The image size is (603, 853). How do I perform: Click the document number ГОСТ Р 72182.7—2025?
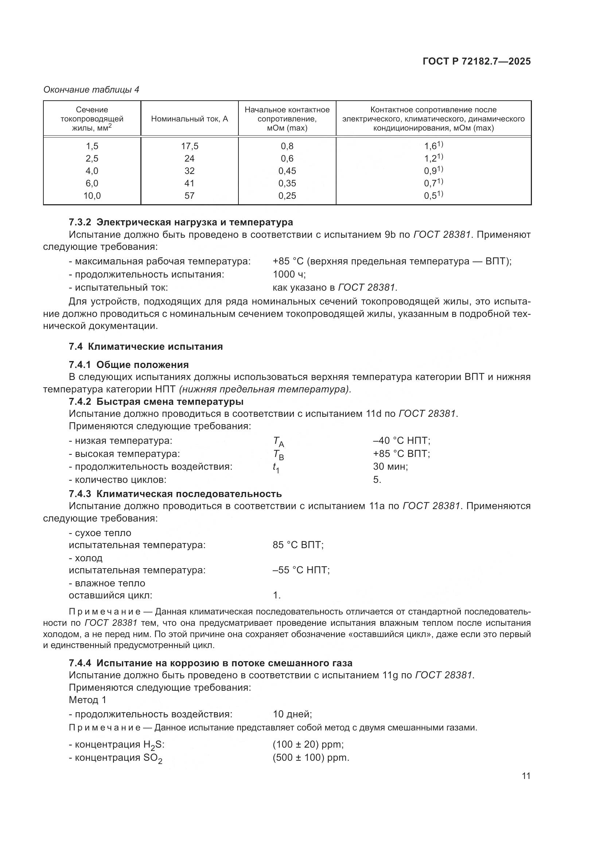(476, 61)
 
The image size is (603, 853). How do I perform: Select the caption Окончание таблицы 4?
(92, 90)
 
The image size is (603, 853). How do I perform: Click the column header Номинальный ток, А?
(189, 119)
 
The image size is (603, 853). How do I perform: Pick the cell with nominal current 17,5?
(189, 146)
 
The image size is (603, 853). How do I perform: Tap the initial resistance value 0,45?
(287, 171)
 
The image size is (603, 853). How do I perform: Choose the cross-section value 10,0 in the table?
(92, 196)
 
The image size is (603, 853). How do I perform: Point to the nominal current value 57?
(189, 196)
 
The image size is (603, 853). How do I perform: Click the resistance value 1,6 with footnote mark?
(433, 146)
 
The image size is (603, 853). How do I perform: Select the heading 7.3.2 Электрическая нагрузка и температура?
(181, 222)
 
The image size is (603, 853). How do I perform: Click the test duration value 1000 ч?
(289, 275)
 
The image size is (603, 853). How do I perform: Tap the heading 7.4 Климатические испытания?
(145, 346)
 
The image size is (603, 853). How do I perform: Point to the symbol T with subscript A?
(279, 442)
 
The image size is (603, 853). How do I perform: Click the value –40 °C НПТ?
(401, 441)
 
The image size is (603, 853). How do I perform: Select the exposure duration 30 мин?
(390, 467)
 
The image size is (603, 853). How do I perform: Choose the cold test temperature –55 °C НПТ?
(301, 570)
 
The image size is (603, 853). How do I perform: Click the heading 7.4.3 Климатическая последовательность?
(175, 494)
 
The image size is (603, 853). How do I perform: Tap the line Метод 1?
(87, 700)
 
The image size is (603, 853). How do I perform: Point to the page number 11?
(526, 776)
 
